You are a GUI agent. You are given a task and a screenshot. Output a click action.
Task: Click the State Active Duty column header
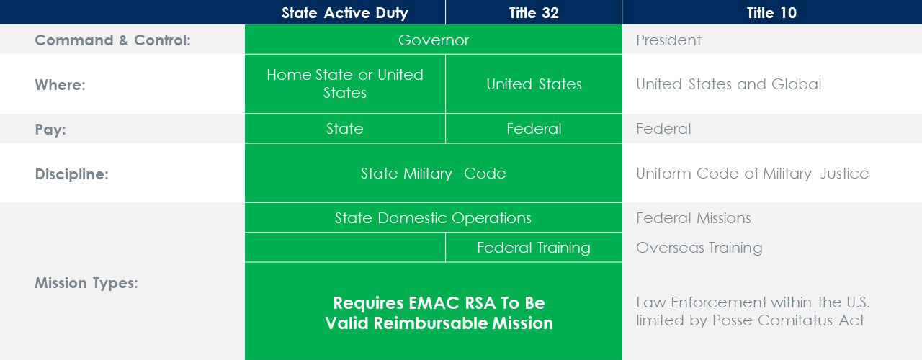pos(345,13)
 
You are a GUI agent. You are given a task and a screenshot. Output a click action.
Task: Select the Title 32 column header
pos(534,13)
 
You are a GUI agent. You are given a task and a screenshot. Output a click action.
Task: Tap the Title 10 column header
pos(771,13)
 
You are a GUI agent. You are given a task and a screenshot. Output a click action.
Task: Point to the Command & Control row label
pos(113,40)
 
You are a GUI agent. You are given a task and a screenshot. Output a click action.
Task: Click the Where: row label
pos(60,85)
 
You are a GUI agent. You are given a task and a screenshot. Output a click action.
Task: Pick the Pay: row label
pos(50,130)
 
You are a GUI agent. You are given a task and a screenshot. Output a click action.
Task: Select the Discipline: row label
pos(71,174)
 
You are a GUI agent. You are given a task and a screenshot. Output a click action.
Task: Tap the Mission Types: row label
pos(86,283)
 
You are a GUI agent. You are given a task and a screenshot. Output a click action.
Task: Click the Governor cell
pos(434,40)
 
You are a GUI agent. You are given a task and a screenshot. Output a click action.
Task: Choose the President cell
pos(668,40)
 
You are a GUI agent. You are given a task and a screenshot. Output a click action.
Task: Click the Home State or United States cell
pos(345,84)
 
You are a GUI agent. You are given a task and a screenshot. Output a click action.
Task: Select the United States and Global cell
pos(728,84)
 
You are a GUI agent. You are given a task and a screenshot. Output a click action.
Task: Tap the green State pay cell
pos(345,129)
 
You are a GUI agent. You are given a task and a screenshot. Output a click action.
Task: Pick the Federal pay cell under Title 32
pos(534,129)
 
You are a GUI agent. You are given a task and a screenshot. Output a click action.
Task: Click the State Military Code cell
pos(434,174)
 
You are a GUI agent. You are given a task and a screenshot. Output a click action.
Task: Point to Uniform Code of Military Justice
pos(753,174)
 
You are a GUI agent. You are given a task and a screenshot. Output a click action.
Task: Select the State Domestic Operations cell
pos(433,217)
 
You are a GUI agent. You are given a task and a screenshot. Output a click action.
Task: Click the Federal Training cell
pos(534,247)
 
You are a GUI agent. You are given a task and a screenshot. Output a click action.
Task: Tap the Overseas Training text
pos(699,247)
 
